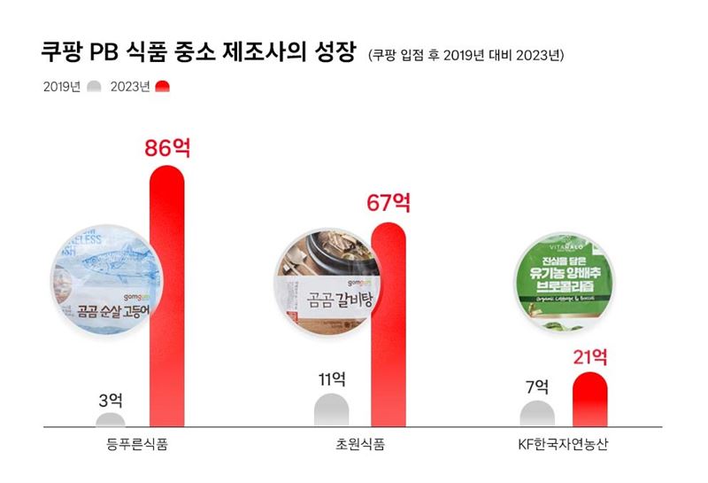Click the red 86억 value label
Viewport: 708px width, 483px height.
[167, 147]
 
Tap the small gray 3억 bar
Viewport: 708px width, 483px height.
[111, 419]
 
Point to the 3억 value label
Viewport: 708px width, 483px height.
[111, 398]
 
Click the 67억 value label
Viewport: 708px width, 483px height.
[389, 203]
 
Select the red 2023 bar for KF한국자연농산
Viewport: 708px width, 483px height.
[589, 399]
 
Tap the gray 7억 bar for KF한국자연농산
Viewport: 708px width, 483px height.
[536, 414]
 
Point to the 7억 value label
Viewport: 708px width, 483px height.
[536, 387]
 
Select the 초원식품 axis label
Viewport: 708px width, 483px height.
[360, 444]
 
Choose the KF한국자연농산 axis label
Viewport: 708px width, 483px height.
[564, 444]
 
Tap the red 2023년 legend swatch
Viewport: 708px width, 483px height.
[162, 87]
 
